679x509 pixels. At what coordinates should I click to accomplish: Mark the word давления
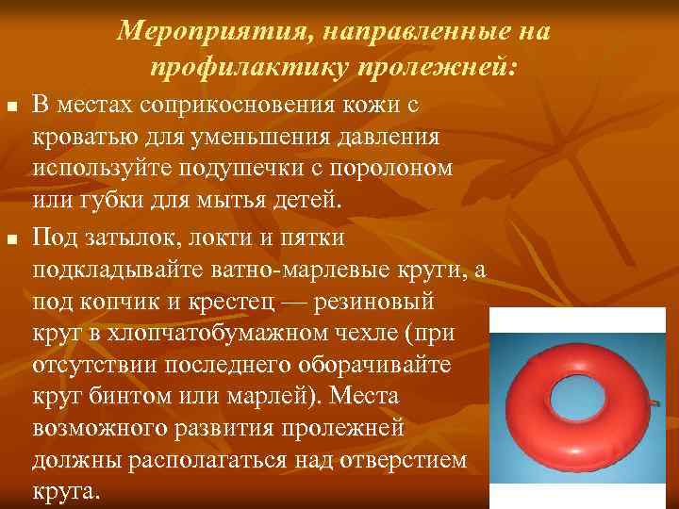point(381,138)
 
